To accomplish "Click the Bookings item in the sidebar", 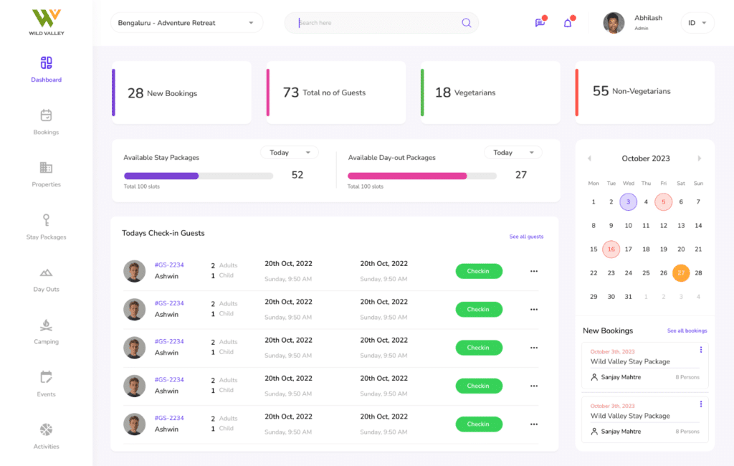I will coord(46,121).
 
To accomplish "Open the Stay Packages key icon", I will coord(46,220).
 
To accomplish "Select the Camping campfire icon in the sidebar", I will coord(46,325).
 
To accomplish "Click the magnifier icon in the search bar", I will coord(466,23).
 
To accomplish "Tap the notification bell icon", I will coord(568,23).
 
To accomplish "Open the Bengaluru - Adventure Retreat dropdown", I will coord(186,23).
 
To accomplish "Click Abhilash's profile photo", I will coord(614,23).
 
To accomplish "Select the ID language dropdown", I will coord(697,23).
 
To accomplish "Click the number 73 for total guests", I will coord(290,92).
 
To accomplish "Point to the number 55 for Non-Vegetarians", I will coord(601,91).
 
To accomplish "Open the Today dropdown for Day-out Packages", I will coord(513,153).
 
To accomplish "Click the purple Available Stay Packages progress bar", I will coord(161,176).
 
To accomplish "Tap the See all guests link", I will coord(526,237).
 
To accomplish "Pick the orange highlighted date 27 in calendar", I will coord(681,272).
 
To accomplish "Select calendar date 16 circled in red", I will coord(611,249).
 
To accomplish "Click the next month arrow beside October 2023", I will coord(700,158).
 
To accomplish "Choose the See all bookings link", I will coord(687,331).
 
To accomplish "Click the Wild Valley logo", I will coord(46,22).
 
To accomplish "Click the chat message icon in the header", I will coord(540,23).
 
